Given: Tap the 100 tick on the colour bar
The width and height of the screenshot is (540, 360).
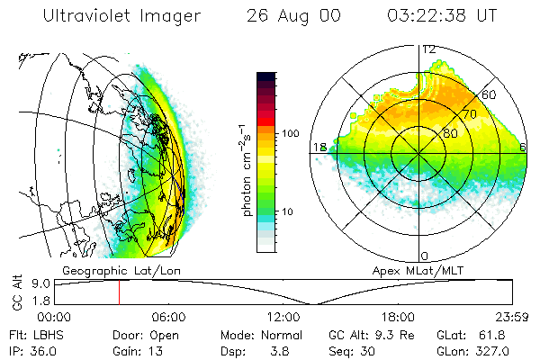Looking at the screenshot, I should point(289,133).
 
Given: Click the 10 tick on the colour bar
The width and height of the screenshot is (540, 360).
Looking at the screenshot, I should point(289,212).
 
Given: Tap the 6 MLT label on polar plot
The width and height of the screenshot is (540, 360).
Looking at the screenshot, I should point(523,147).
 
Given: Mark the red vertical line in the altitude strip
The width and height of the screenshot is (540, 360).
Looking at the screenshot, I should point(119,292).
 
